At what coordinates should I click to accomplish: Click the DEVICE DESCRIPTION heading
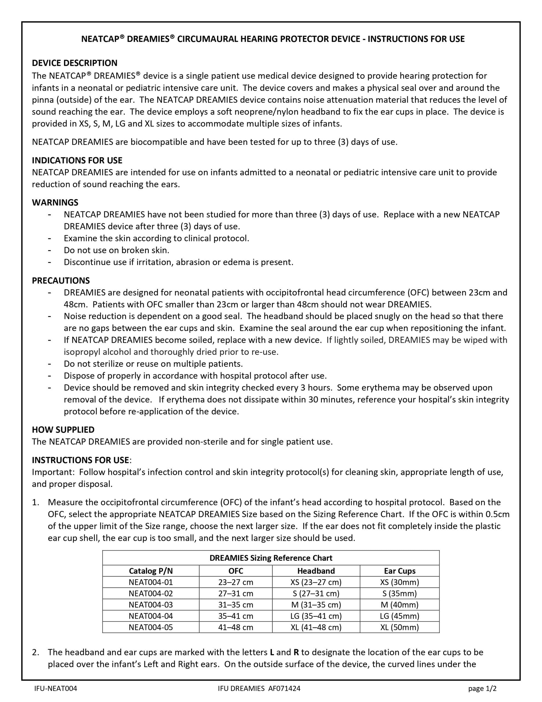click(x=75, y=63)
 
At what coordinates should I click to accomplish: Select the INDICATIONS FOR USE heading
click(x=77, y=160)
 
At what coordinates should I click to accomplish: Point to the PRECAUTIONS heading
click(x=61, y=281)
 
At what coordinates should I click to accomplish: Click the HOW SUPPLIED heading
click(x=63, y=430)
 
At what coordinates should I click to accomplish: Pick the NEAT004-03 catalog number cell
click(x=151, y=605)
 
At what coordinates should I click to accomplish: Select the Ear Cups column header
click(x=399, y=571)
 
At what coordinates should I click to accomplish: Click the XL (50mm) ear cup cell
click(x=399, y=627)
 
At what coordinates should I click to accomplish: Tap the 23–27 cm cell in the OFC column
click(x=235, y=582)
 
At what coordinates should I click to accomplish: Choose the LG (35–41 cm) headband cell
click(x=316, y=616)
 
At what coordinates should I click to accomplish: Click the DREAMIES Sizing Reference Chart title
click(x=271, y=558)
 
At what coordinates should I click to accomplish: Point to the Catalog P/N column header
click(x=151, y=571)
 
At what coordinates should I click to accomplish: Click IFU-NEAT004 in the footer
click(x=56, y=689)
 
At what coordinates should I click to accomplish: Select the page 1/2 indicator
click(x=482, y=689)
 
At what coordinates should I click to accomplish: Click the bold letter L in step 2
click(x=272, y=652)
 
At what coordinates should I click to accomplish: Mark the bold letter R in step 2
click(x=296, y=652)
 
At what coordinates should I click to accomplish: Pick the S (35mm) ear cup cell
click(x=399, y=593)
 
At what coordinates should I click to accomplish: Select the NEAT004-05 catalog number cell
click(x=151, y=627)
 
